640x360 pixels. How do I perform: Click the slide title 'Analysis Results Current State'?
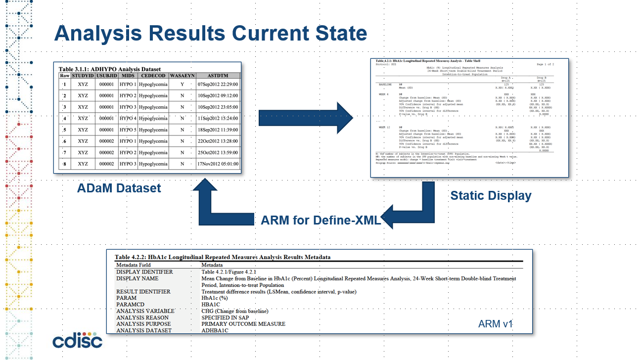pos(210,34)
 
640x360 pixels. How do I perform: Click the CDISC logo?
pos(77,341)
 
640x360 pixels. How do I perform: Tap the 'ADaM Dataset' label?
pos(119,188)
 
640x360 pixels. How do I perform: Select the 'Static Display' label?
pos(491,196)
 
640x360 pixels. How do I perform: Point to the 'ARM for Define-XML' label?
pos(320,221)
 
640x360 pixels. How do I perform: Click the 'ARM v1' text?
pos(496,324)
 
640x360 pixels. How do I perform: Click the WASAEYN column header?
pos(182,76)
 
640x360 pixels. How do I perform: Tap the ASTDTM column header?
pos(218,76)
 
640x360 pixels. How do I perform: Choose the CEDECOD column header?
pos(153,76)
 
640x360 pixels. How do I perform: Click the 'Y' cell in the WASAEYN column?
pos(182,85)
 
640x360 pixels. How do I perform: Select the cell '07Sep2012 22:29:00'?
pos(218,85)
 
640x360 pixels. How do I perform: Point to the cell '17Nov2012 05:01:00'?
pos(218,164)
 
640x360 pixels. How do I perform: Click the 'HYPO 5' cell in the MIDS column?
pos(128,130)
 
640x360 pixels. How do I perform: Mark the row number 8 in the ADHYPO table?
pos(64,164)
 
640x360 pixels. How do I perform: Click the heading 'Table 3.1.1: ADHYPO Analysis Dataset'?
pos(110,69)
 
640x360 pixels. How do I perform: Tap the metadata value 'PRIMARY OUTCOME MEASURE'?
pos(243,324)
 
